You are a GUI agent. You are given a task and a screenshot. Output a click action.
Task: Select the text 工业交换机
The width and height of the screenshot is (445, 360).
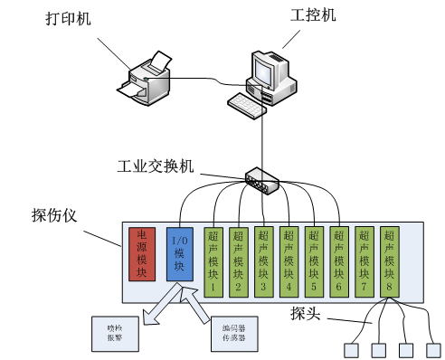[155, 167]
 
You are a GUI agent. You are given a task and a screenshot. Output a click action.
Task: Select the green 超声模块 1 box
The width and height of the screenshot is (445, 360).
[213, 260]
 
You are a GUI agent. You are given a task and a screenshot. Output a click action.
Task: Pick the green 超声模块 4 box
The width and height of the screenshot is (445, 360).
[288, 260]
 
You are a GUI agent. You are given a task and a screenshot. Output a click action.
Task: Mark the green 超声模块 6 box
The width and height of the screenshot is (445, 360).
[338, 260]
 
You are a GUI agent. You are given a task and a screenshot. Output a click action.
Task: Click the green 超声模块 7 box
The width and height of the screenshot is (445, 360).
[364, 260]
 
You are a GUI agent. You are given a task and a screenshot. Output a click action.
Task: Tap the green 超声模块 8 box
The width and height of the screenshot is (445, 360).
[389, 260]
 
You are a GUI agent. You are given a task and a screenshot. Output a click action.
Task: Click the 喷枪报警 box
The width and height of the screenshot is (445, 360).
[113, 332]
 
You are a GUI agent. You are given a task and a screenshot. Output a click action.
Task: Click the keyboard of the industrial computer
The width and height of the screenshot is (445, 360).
[246, 105]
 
